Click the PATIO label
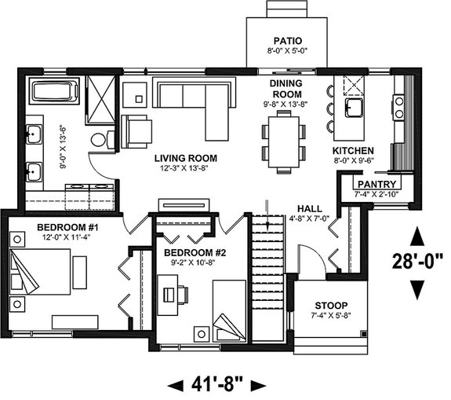tap(283, 40)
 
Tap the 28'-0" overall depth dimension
tap(419, 257)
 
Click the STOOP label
tap(331, 306)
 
